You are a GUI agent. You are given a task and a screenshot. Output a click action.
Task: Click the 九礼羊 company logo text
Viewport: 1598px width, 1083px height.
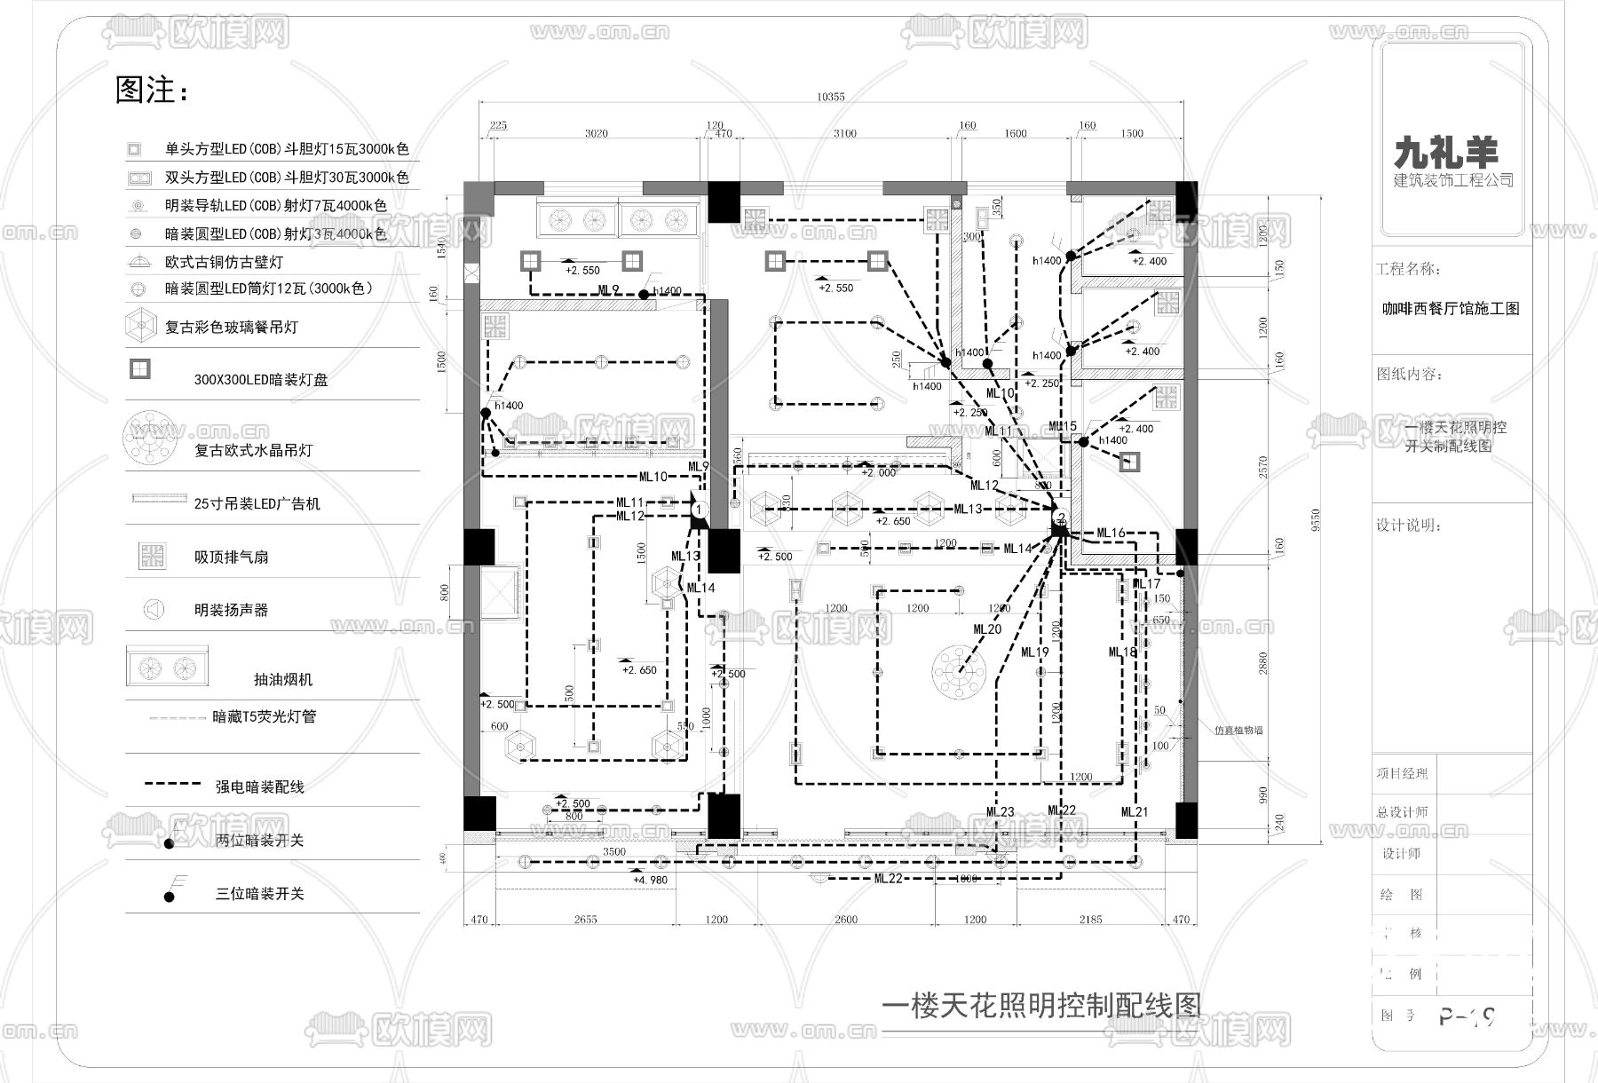pos(1445,153)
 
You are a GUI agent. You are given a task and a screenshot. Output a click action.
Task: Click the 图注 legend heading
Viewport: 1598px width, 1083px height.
pos(152,90)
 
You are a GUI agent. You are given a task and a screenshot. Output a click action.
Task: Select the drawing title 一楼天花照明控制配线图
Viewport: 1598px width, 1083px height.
pos(1040,1006)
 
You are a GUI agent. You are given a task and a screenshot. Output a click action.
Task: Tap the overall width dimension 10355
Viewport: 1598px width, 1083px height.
pos(831,97)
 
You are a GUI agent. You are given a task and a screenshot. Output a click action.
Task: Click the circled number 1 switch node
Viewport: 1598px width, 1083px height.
pos(699,510)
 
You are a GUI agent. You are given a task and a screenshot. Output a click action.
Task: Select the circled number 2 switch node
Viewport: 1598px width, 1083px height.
pos(1060,518)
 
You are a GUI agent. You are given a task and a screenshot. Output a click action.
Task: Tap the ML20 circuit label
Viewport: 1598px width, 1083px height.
pos(987,629)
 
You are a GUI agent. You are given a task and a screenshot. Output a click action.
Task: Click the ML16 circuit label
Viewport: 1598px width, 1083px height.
pos(1111,533)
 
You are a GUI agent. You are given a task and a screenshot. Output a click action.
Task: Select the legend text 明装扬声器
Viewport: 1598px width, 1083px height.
pos(231,610)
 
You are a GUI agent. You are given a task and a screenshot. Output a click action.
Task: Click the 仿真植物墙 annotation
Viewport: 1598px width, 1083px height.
pos(1238,730)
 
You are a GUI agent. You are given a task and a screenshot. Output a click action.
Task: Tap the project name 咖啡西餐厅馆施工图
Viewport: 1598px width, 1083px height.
pos(1451,309)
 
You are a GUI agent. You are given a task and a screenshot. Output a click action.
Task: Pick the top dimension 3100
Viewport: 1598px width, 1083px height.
pos(844,133)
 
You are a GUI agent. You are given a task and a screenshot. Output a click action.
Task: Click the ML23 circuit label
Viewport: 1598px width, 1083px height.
pos(1000,812)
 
